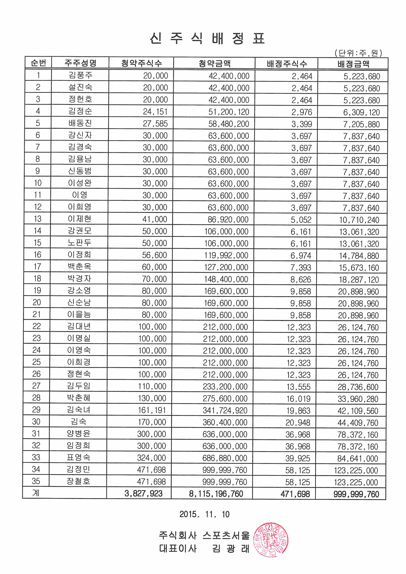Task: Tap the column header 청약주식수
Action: tap(141, 63)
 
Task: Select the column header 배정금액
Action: tap(353, 64)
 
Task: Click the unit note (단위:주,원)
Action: tap(358, 53)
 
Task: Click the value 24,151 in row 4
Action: tap(155, 112)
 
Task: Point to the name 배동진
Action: tap(80, 123)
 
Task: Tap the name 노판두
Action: tap(79, 243)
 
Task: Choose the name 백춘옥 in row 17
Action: tap(79, 267)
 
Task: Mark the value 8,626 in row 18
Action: tap(300, 279)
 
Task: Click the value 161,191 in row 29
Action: tap(152, 410)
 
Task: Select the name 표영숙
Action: tap(78, 457)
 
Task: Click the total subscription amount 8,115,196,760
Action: tap(216, 494)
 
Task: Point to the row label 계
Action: tap(36, 493)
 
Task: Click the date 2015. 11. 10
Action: tap(204, 514)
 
